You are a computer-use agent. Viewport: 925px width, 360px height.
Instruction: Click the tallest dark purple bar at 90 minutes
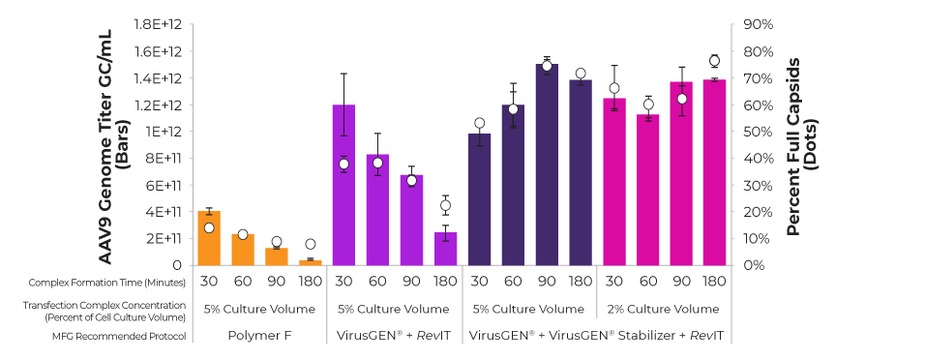547,165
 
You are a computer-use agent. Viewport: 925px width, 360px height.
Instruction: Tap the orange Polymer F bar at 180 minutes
310,262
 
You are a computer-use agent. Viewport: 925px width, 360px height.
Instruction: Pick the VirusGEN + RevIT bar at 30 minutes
343,185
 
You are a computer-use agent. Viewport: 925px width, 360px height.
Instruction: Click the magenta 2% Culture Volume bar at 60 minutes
648,190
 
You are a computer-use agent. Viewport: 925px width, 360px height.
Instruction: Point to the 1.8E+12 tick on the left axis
160,24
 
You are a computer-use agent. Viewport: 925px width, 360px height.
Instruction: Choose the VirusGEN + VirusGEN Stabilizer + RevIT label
596,335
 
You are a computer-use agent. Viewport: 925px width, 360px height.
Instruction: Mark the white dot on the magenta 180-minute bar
715,61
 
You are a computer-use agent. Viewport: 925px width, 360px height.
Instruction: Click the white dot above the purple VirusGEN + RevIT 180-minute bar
445,205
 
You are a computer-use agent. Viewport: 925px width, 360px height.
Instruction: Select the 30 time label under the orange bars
208,283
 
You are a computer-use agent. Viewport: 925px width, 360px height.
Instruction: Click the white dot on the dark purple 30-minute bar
480,123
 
